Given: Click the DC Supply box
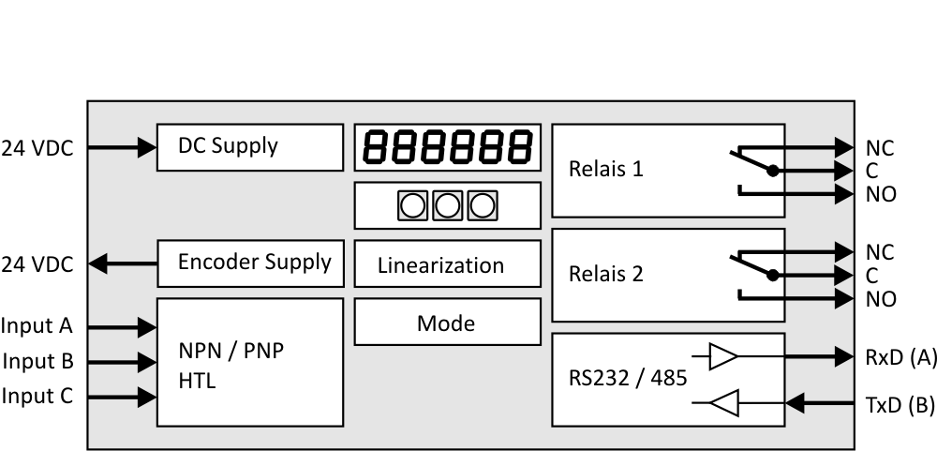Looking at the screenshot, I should [249, 146].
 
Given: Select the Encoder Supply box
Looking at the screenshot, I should [249, 263].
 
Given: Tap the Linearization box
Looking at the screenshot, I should [447, 264].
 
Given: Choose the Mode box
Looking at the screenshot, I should [447, 323].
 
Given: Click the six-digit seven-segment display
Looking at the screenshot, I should [447, 147].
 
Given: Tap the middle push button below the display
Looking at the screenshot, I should [447, 204].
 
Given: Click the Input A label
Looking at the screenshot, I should [37, 326].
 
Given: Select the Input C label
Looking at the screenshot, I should [37, 397].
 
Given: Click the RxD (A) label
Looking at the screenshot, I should [900, 357].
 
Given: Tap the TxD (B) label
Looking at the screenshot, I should [900, 406].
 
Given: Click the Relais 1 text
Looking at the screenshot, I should [606, 171].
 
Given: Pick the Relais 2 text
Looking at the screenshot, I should [606, 275].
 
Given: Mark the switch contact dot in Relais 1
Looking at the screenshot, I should [772, 171].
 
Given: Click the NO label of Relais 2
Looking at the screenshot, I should [881, 299].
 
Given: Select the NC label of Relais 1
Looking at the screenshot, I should [881, 148].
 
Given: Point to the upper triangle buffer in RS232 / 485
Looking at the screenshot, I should [723, 356].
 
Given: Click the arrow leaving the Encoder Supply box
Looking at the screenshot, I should [123, 264].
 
